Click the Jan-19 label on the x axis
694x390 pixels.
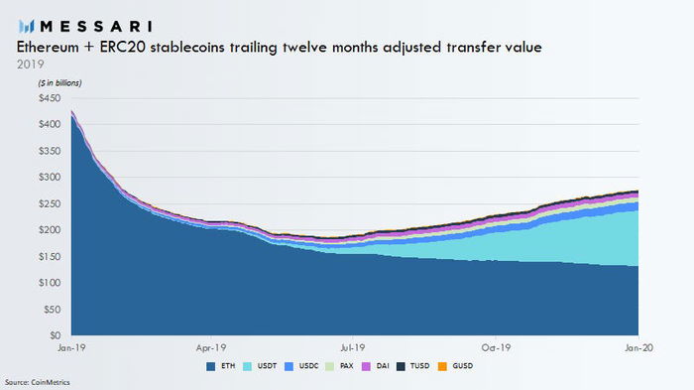pyautogui.click(x=70, y=349)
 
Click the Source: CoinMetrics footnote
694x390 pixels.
pyautogui.click(x=38, y=382)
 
